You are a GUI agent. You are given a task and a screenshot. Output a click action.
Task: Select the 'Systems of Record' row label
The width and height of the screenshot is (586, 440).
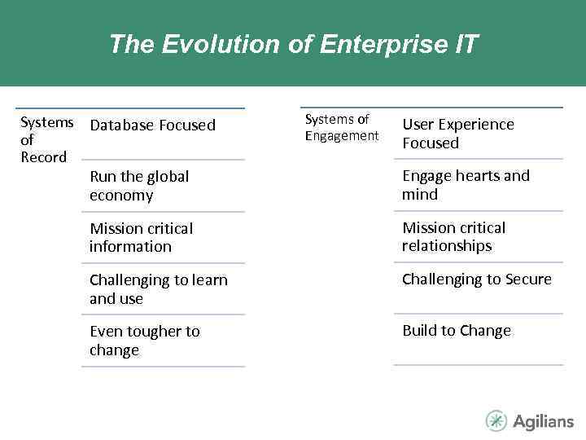46,139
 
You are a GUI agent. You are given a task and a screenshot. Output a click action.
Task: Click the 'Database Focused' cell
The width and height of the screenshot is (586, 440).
152,125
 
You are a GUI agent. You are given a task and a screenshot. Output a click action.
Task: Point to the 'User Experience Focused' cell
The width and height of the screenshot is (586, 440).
458,134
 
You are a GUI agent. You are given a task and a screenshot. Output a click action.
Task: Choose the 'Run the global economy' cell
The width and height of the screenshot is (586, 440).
139,186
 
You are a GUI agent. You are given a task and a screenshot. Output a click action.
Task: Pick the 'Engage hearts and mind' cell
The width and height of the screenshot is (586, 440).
466,185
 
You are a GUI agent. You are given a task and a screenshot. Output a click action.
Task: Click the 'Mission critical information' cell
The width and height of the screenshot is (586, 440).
141,237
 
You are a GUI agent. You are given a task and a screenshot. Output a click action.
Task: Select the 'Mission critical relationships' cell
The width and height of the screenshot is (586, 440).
453,236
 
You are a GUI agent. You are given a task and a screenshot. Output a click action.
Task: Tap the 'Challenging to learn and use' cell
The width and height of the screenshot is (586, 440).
159,289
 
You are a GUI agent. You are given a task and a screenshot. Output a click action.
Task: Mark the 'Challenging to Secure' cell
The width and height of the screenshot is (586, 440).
476,279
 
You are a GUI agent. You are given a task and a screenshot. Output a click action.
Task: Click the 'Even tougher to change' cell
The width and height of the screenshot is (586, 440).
144,341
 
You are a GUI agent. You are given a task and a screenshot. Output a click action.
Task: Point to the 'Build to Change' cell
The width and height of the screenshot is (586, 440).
457,331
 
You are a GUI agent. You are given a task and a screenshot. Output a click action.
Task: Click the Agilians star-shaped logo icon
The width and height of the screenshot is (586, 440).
496,420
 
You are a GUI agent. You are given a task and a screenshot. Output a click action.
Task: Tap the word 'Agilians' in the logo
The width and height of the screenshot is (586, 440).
543,421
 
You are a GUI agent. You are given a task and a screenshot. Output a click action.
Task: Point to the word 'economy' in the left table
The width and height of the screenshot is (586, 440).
121,196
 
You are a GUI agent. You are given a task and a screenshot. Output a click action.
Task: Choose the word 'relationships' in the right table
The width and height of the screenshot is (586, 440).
447,246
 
